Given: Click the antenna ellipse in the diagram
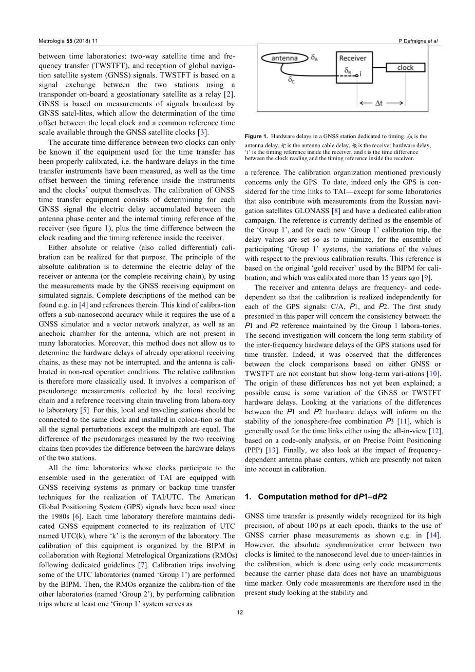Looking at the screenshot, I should [x=284, y=59].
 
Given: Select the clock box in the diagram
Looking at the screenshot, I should [x=405, y=67].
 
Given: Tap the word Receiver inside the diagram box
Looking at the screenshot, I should [x=353, y=58].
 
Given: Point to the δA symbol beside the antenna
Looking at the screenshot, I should [x=314, y=58].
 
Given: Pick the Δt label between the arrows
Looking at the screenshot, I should [x=379, y=103].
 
